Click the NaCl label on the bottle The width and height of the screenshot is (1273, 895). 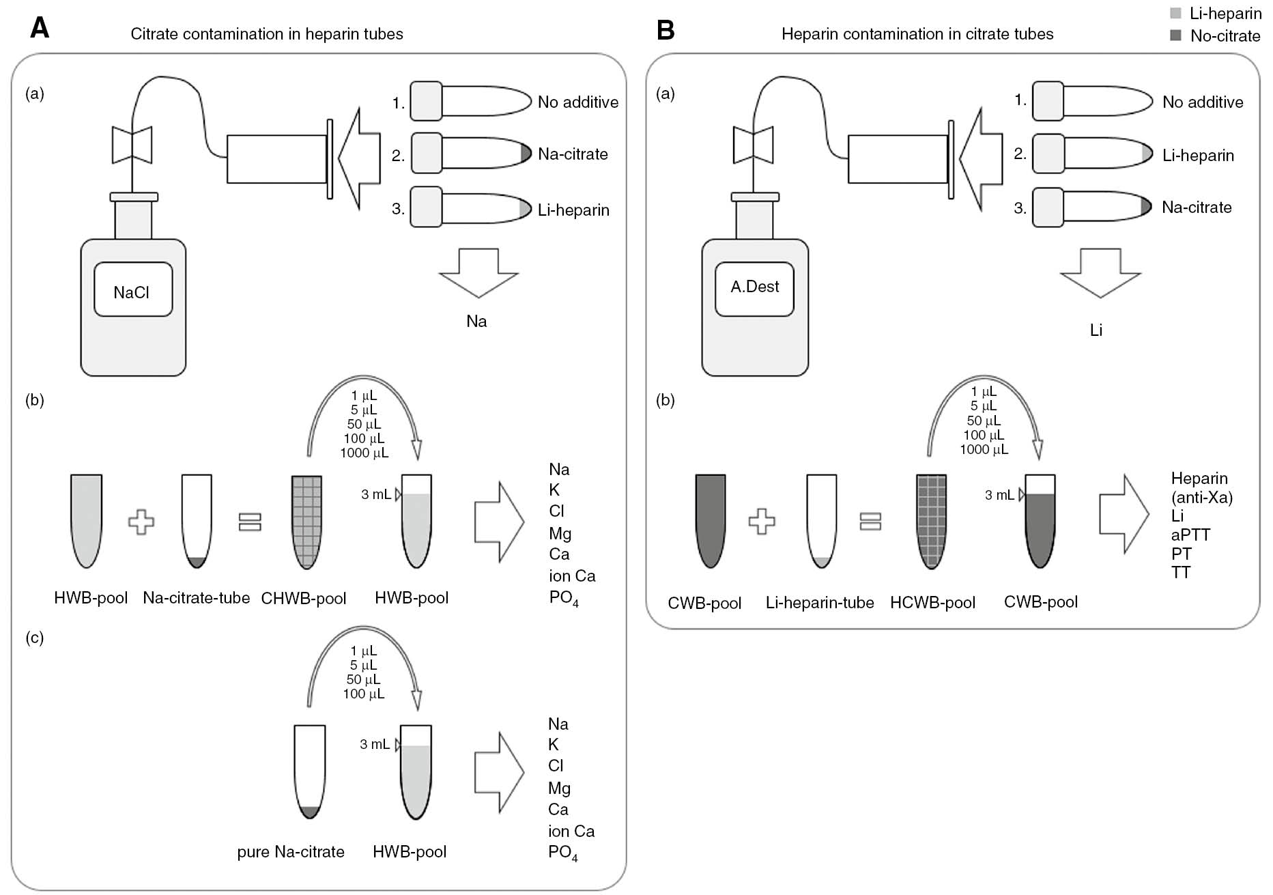coord(132,292)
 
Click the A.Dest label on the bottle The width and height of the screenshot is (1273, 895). coord(754,287)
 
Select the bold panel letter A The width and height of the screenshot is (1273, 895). coord(40,28)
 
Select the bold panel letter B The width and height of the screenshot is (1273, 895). coord(665,30)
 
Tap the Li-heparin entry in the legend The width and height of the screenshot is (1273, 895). coord(1225,14)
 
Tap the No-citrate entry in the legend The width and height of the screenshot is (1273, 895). coord(1225,36)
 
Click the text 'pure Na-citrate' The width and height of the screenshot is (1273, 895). coord(291,852)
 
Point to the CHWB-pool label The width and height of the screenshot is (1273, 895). coord(304,599)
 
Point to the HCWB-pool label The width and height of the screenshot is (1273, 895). coord(932,603)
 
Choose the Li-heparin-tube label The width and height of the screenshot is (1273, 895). coord(819,603)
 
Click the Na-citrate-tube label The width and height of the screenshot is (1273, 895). coord(196,598)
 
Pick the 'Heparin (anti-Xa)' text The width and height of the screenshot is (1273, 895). coord(1201,487)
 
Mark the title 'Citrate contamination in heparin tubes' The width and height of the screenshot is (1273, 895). coord(267,34)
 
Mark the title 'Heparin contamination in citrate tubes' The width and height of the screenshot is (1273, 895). coord(917,34)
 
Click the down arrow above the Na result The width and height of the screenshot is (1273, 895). coord(478,272)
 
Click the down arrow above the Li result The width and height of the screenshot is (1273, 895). coord(1100,272)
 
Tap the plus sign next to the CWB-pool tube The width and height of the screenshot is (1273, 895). coord(762,522)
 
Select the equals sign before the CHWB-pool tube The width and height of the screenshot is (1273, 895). coord(250,522)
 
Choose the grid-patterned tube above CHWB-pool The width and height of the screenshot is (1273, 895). coord(306,522)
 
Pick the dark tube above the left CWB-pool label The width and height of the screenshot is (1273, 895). coord(710,521)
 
